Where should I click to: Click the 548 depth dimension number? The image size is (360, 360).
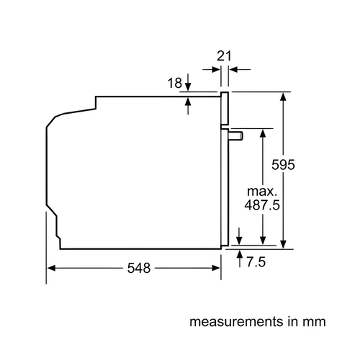click(139, 268)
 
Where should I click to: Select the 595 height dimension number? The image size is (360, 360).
click(283, 165)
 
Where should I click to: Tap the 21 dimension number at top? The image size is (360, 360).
click(224, 56)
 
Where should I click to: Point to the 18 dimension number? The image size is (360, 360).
click(175, 83)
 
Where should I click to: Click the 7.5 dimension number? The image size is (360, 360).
click(256, 261)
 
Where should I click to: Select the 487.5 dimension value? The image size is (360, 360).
click(262, 205)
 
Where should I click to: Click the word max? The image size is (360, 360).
click(262, 192)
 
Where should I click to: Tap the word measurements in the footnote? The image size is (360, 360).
click(236, 322)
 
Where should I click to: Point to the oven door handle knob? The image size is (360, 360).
click(235, 135)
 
